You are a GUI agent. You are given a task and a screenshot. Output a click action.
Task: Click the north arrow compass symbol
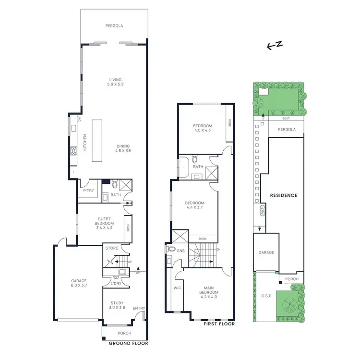[x=275, y=45]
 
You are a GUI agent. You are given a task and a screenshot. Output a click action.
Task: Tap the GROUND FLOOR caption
[x=129, y=343]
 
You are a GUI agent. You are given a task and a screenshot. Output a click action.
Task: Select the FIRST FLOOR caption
[x=219, y=324]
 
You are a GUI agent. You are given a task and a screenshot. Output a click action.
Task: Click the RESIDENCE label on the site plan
[x=283, y=195]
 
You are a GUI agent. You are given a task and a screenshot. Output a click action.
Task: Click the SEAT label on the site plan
[x=286, y=119]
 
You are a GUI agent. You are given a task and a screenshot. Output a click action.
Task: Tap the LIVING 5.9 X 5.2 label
[x=115, y=82]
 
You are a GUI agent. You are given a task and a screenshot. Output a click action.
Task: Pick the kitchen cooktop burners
[x=74, y=151]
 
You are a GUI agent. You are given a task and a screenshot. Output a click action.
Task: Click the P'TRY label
[x=88, y=190]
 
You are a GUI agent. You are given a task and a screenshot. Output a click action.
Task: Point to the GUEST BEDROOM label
[x=104, y=224]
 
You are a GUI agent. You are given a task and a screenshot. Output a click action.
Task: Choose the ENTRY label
[x=139, y=309]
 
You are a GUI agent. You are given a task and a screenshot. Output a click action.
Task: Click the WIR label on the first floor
[x=177, y=288]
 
